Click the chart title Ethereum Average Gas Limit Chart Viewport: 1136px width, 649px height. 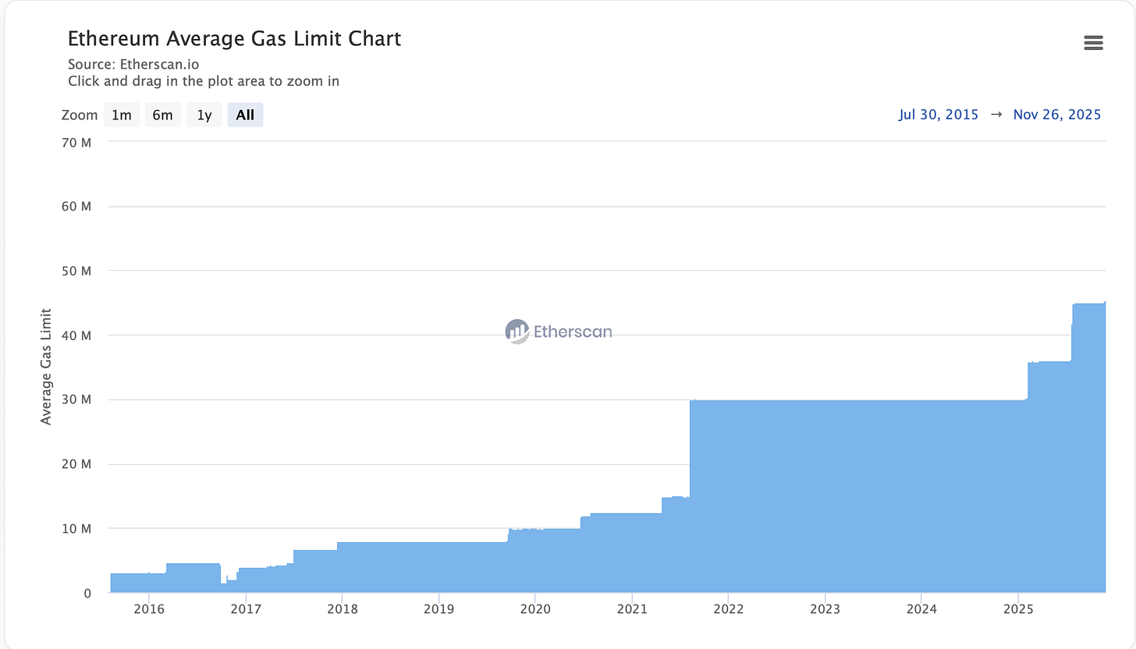(234, 38)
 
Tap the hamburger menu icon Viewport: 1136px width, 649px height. (1093, 43)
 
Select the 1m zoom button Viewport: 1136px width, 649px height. (121, 115)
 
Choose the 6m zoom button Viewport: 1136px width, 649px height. (162, 115)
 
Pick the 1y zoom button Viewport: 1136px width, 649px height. (204, 115)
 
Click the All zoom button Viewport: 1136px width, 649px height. (245, 115)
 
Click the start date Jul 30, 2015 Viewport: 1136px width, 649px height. (938, 115)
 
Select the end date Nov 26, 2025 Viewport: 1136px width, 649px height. (1056, 115)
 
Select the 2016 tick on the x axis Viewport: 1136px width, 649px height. (149, 608)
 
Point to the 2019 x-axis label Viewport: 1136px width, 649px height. (438, 608)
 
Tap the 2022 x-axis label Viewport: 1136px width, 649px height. (728, 608)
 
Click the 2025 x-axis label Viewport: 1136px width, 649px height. (1017, 608)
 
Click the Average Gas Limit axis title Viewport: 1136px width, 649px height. (46, 366)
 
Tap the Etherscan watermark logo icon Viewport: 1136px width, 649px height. (517, 332)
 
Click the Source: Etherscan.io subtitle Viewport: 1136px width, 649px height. (139, 64)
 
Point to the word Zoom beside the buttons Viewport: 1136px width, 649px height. (79, 115)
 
